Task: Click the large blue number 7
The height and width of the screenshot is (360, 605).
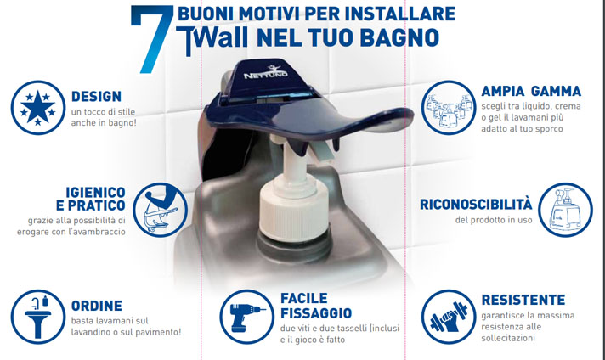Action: coord(155,38)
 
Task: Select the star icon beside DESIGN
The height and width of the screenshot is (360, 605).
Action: coord(37,108)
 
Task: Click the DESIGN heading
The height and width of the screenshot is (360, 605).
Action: coord(97,96)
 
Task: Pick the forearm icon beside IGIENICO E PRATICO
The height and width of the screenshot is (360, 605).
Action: coord(160,210)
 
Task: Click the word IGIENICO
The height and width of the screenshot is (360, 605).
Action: coord(95,192)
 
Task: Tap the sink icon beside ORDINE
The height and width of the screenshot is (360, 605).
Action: coord(37,317)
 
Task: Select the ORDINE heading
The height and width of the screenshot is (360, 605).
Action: coord(97,306)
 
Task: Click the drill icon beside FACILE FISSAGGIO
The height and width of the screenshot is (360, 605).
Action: coord(247,317)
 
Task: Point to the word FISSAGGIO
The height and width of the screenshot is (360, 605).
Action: coord(316,313)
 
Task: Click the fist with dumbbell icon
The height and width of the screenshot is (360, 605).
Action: coord(449,317)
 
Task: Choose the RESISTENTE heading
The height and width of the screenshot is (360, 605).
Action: coord(523,300)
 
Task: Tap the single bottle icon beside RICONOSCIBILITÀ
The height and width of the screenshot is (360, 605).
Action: coord(565,210)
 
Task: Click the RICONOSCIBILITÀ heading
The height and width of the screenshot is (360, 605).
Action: coord(476,204)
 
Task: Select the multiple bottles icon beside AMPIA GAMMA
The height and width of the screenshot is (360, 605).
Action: coord(449,108)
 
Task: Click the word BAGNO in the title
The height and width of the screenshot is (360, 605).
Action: coord(399,37)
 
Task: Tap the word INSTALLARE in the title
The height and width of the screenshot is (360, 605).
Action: coord(400,14)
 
